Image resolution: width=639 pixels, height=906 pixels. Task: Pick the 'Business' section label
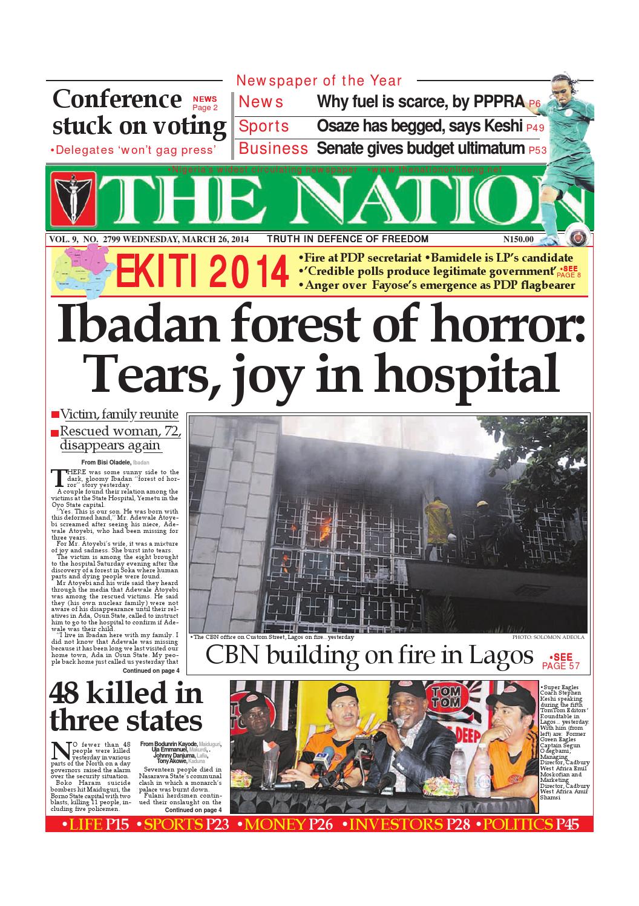(274, 148)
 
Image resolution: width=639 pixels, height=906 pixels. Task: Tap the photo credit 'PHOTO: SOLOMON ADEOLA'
(548, 638)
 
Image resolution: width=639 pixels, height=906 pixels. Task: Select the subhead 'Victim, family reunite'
(119, 415)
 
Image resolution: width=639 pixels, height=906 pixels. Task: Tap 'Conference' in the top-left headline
(117, 99)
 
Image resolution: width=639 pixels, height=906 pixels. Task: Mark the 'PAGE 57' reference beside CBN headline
(561, 666)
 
